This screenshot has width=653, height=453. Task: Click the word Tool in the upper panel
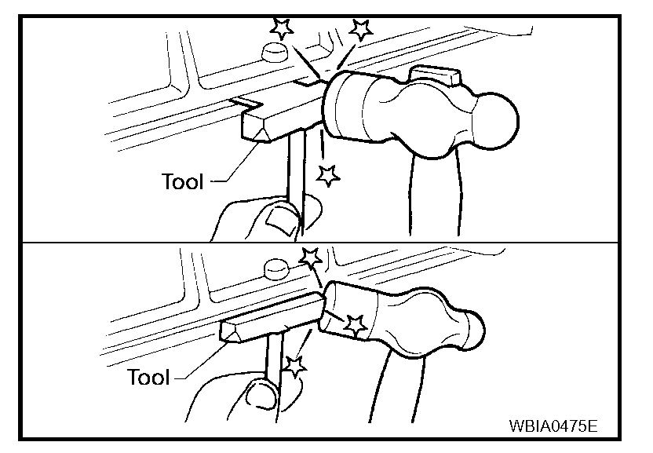[182, 181]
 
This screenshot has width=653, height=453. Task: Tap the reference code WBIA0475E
[553, 427]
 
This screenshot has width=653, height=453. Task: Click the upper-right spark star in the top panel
[360, 29]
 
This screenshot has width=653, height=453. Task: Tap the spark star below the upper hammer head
[328, 175]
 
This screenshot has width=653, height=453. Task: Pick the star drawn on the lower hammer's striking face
[356, 323]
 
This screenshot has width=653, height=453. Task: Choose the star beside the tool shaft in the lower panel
[294, 364]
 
